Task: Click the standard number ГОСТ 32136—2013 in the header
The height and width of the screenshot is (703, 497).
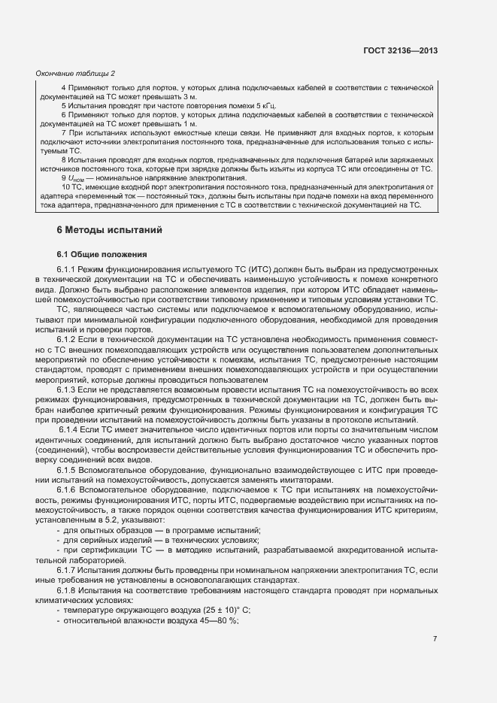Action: pyautogui.click(x=401, y=50)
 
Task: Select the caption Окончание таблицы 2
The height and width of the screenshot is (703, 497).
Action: pyautogui.click(x=76, y=73)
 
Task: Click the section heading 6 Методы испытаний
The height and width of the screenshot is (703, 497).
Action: pyautogui.click(x=108, y=229)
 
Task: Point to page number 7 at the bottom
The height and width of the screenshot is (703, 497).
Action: pyautogui.click(x=435, y=638)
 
